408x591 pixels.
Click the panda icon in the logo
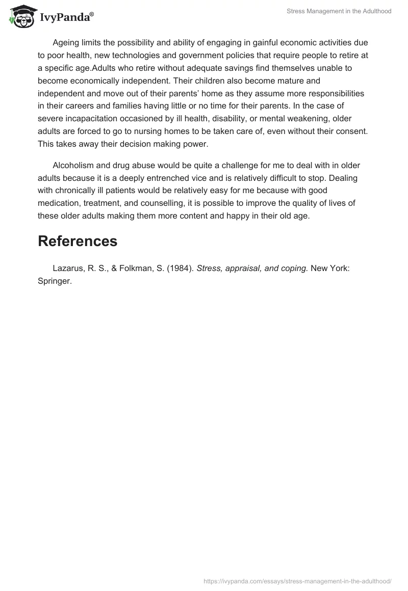20,16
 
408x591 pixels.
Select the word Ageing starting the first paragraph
67,43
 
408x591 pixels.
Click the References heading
78,241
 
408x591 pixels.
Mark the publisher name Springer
55,281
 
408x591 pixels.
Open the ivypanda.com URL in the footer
297,580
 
